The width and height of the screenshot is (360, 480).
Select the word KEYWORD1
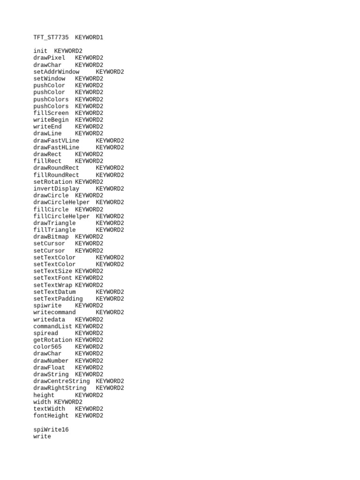click(x=89, y=37)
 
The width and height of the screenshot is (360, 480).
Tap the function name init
click(x=40, y=51)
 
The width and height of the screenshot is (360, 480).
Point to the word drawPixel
click(x=49, y=58)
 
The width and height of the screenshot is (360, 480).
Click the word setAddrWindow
click(x=56, y=72)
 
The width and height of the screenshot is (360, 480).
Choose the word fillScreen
click(x=51, y=113)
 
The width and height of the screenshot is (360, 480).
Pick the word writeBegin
click(x=51, y=120)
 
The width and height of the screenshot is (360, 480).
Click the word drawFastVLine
click(x=56, y=141)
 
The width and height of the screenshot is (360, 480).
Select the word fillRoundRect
click(x=56, y=175)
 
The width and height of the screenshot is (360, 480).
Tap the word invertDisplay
click(x=56, y=189)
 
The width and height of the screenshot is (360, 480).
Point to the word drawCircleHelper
click(x=61, y=202)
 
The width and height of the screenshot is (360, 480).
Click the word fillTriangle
click(x=54, y=230)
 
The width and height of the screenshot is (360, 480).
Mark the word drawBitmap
click(x=51, y=237)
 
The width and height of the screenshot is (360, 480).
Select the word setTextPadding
click(x=58, y=299)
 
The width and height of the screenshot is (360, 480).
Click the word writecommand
click(x=54, y=313)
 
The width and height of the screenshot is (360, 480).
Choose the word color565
click(x=47, y=347)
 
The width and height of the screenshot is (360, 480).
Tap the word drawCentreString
click(x=61, y=381)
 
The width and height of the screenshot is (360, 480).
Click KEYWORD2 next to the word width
click(x=68, y=402)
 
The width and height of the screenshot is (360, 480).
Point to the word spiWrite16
click(x=51, y=429)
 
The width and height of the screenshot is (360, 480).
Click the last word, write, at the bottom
click(x=42, y=436)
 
